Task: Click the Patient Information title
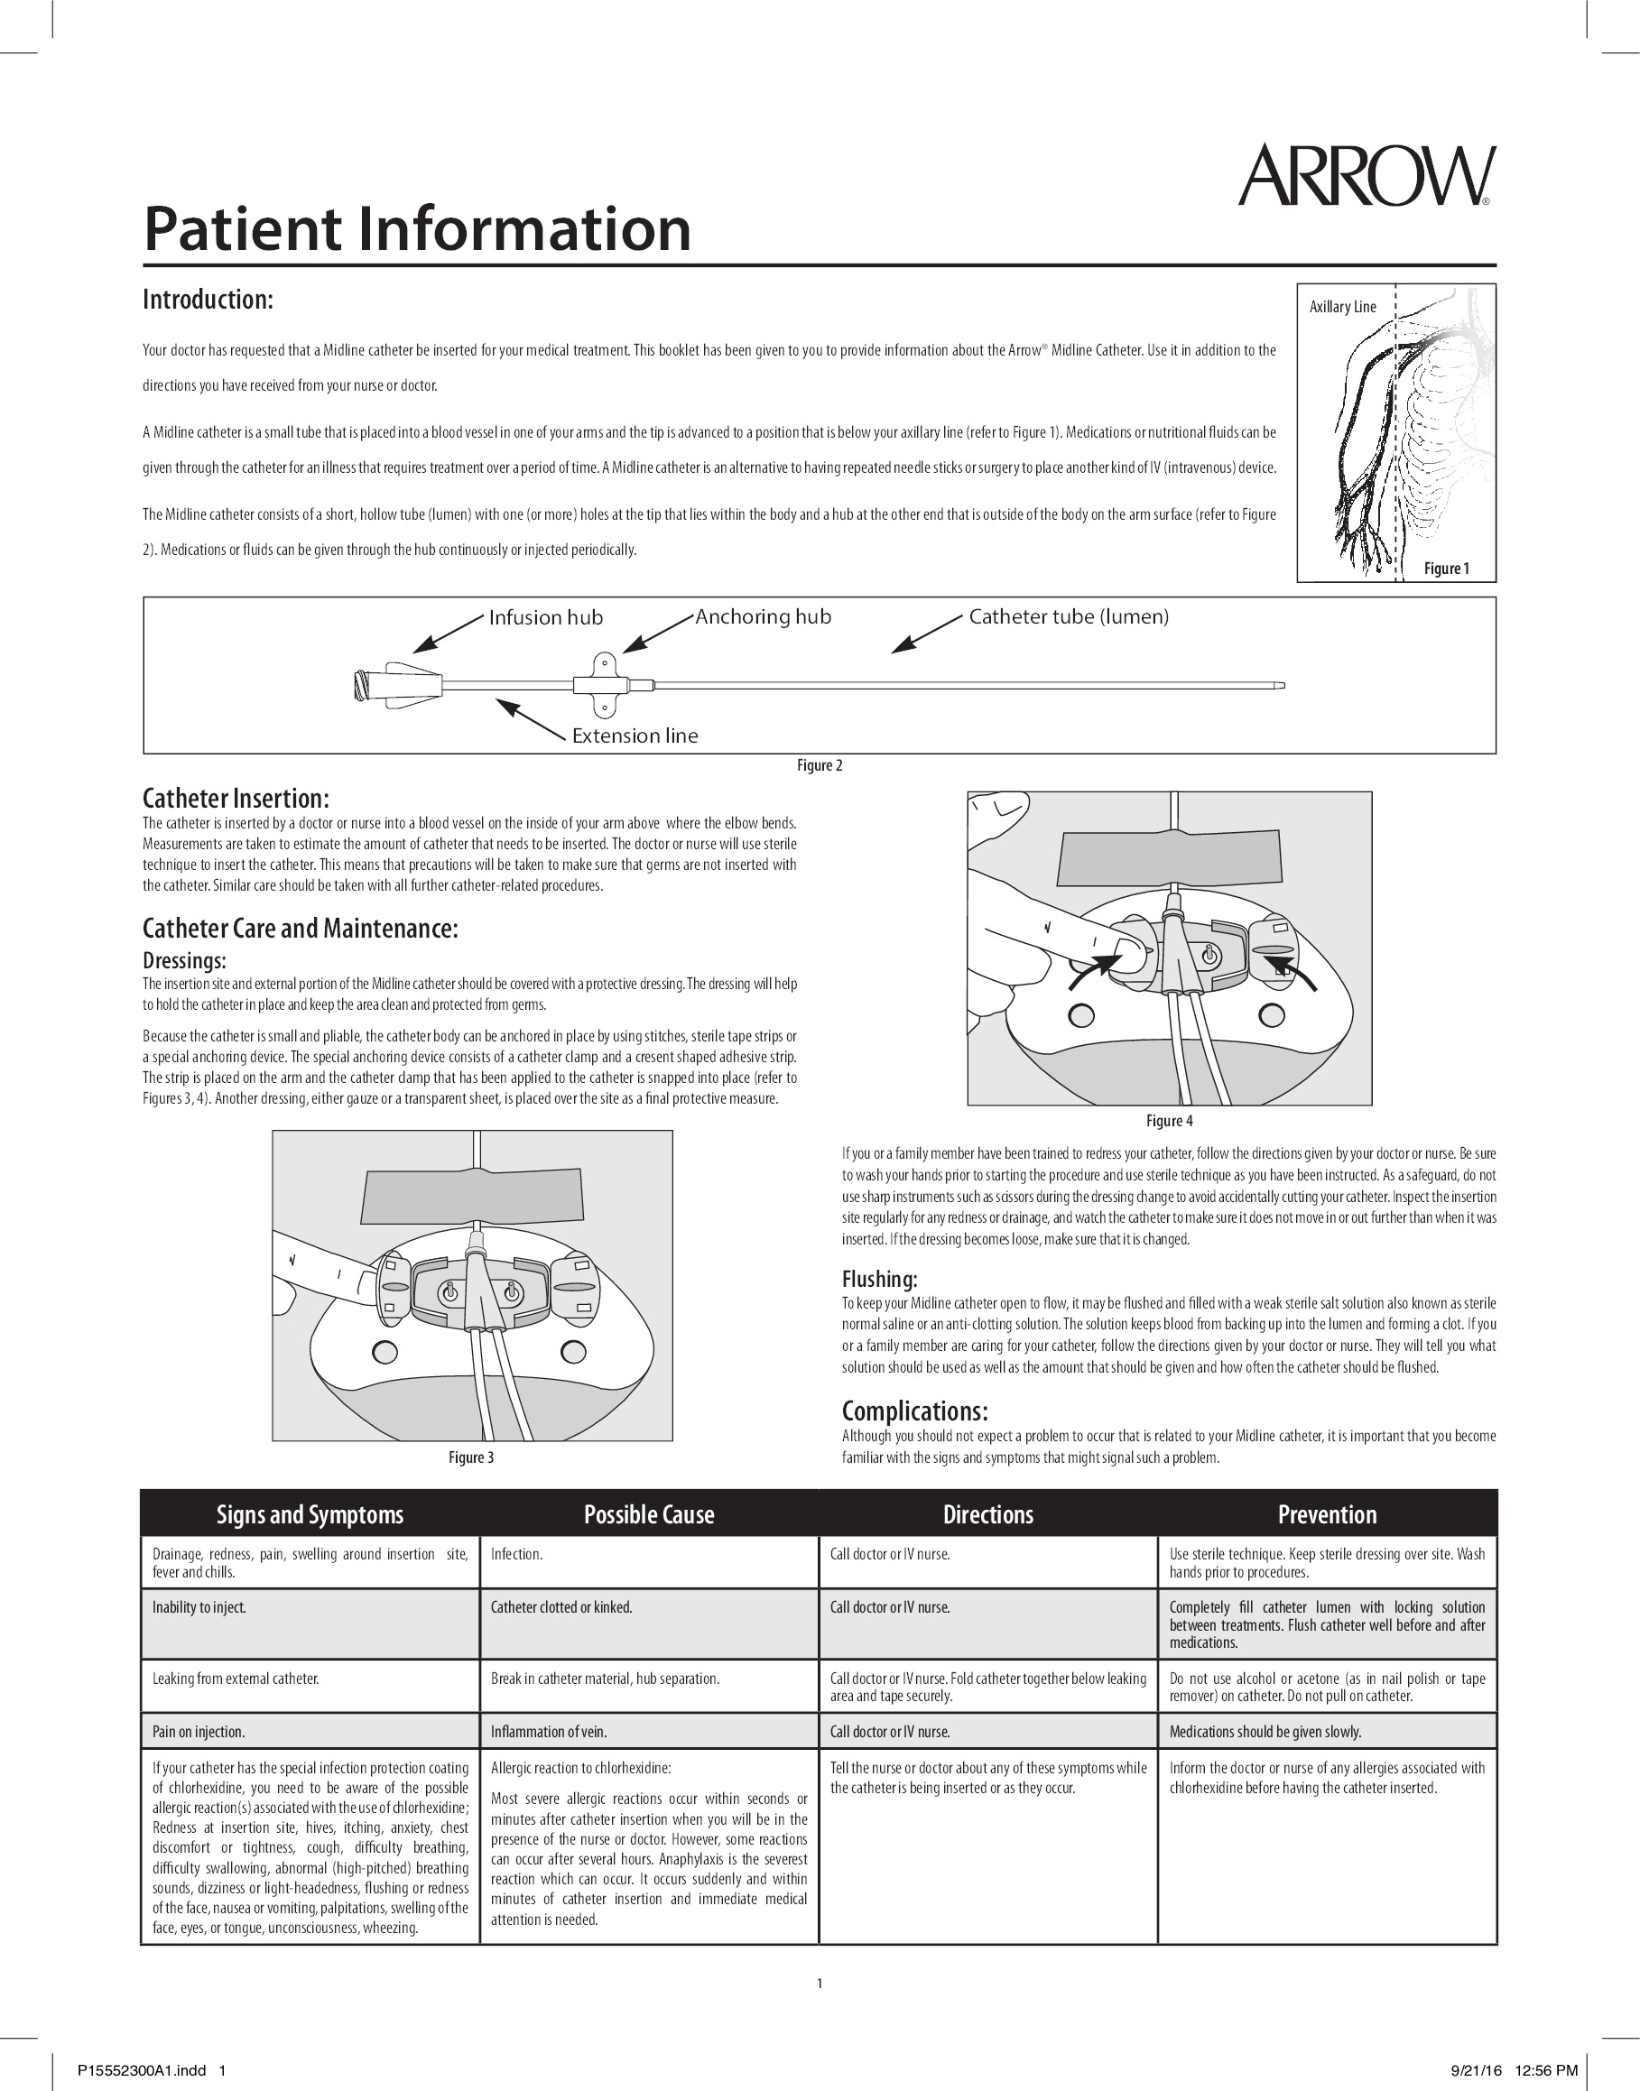(417, 228)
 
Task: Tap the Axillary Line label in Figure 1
(1342, 307)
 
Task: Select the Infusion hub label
(545, 617)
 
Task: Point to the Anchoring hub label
(763, 616)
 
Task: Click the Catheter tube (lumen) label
(1069, 616)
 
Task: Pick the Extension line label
(635, 736)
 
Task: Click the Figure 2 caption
(819, 765)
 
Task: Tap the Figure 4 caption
(1169, 1120)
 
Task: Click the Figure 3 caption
(471, 1457)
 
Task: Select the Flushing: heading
(878, 1279)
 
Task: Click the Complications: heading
(914, 1411)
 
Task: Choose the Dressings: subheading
(184, 960)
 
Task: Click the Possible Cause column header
(649, 1515)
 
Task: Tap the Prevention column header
(1327, 1515)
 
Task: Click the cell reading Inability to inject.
(199, 1607)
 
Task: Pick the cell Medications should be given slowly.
(1265, 1732)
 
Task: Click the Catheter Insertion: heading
(236, 799)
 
